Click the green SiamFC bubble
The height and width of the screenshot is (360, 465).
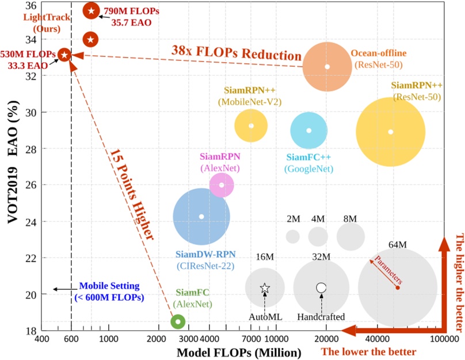[x=178, y=321]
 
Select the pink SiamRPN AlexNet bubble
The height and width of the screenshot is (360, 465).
[x=222, y=185]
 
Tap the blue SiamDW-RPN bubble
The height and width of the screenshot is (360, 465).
[x=201, y=216]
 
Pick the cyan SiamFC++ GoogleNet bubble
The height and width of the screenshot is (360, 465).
[x=309, y=131]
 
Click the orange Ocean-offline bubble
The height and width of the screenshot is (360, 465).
[x=327, y=66]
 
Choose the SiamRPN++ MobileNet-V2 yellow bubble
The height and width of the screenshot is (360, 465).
[x=251, y=125]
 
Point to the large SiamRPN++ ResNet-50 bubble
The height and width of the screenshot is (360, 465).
[x=391, y=132]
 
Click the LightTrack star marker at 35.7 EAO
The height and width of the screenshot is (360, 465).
[x=91, y=11]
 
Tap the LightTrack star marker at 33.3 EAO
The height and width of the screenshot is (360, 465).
[x=65, y=55]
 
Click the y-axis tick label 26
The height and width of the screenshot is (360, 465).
[x=29, y=185]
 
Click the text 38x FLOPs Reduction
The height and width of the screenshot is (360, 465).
[x=236, y=54]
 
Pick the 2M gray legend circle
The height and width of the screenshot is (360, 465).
[x=293, y=236]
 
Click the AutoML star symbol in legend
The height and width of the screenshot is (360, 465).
[x=265, y=288]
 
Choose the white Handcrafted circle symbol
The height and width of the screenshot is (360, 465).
[x=321, y=288]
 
